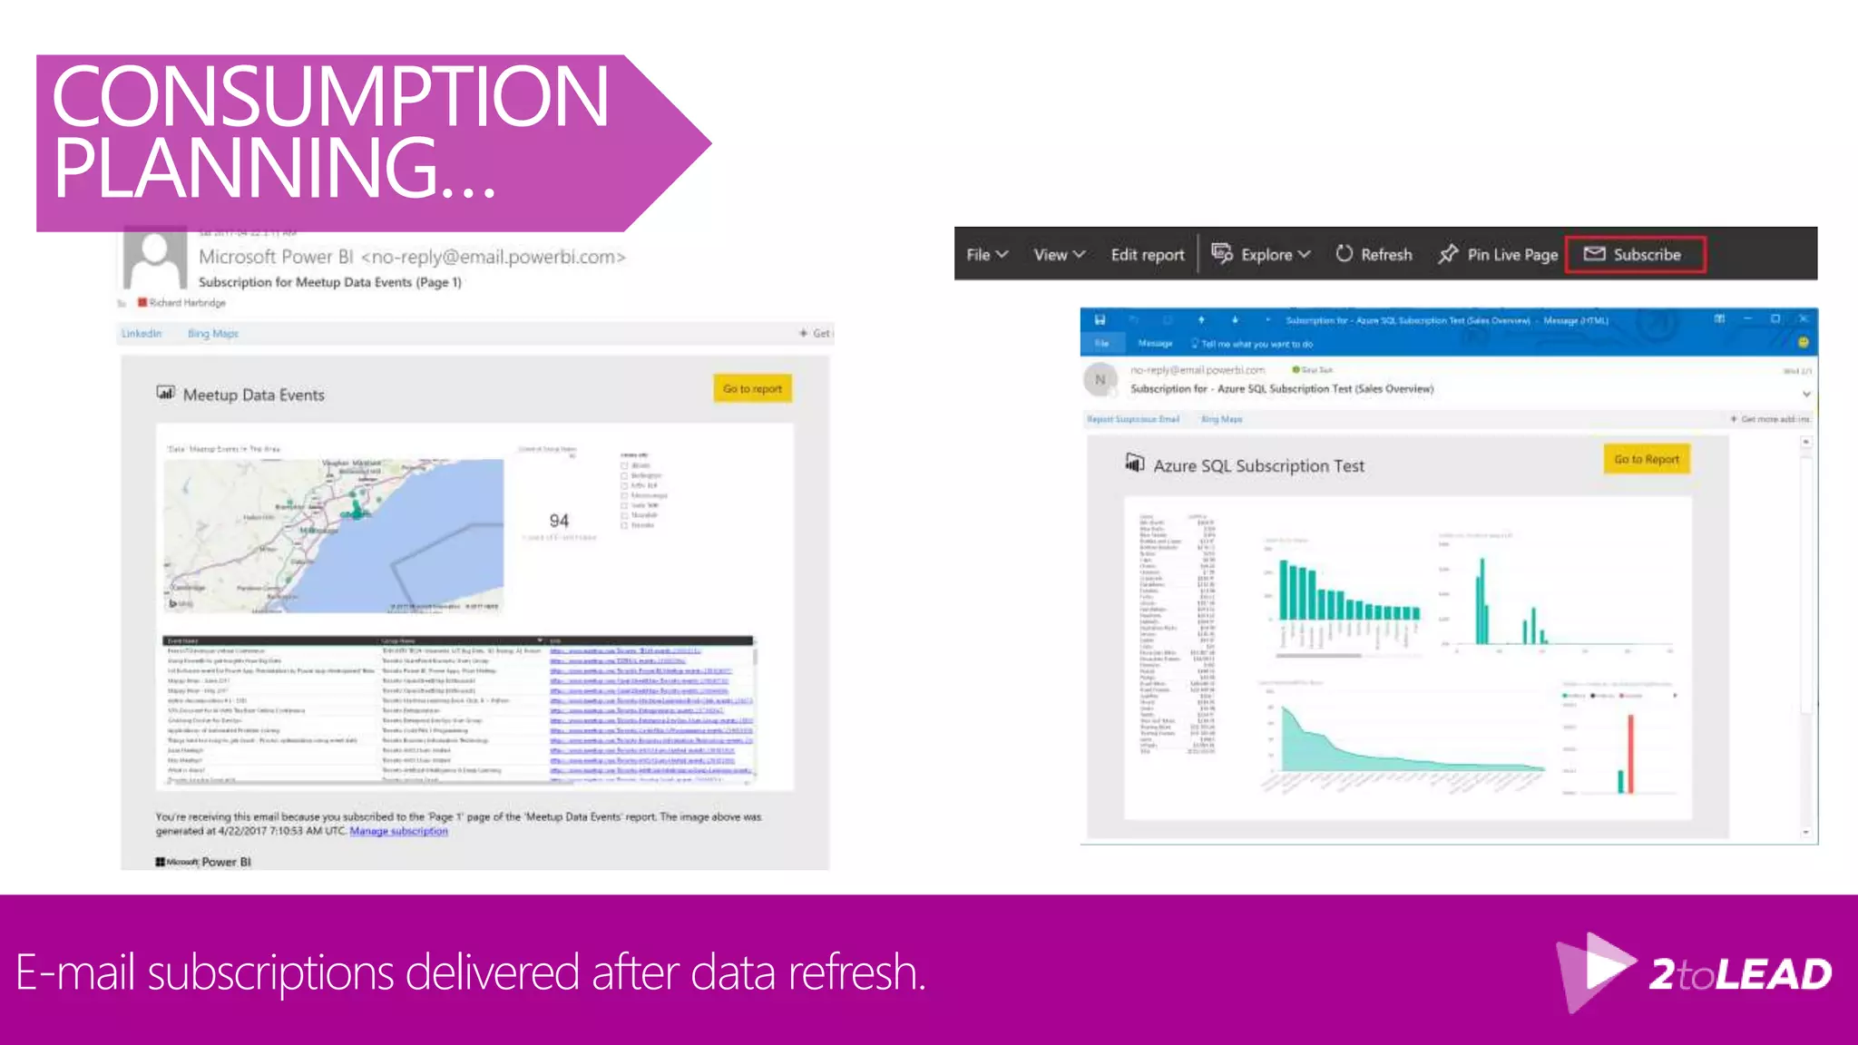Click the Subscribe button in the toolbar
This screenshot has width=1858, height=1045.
tap(1635, 255)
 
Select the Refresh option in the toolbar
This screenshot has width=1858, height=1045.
tap(1374, 255)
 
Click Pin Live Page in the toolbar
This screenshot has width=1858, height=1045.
tap(1498, 255)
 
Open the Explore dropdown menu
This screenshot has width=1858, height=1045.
tap(1262, 255)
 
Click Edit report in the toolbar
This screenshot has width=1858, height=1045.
tap(1147, 255)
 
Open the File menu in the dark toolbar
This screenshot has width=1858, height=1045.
tap(986, 255)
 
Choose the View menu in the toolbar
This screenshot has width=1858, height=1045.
tap(1059, 255)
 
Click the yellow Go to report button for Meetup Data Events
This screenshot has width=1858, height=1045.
tap(752, 389)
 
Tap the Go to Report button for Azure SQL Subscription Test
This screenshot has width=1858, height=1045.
tap(1646, 460)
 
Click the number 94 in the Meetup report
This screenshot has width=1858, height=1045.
tap(559, 521)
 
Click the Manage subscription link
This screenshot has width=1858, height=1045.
tap(398, 831)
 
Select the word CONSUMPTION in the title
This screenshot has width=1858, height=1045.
tap(330, 96)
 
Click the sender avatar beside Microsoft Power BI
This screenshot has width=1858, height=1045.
tap(155, 259)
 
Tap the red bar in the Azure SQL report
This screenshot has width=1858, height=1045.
tap(1630, 753)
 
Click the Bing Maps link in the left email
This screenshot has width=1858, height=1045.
tap(212, 334)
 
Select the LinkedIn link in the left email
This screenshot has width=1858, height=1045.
tap(142, 334)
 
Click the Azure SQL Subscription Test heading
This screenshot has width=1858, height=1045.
tap(1258, 466)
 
